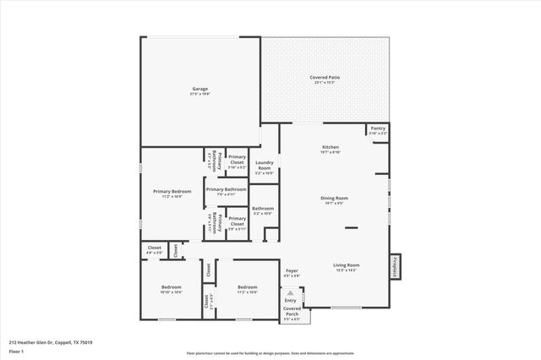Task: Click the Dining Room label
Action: (x=334, y=200)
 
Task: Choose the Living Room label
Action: (x=347, y=267)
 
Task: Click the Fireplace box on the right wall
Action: (x=394, y=265)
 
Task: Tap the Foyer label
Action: (x=291, y=273)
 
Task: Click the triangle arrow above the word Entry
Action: (x=291, y=293)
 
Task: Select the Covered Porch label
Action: (x=291, y=312)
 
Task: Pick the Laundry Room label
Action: (x=264, y=167)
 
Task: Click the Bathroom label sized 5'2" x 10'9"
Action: (x=262, y=210)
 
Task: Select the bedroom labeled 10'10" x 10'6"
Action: (x=172, y=289)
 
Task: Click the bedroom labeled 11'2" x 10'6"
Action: (x=247, y=289)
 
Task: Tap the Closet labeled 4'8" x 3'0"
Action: (x=154, y=250)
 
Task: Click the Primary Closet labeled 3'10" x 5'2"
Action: (x=237, y=160)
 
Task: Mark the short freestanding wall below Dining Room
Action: (x=350, y=227)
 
